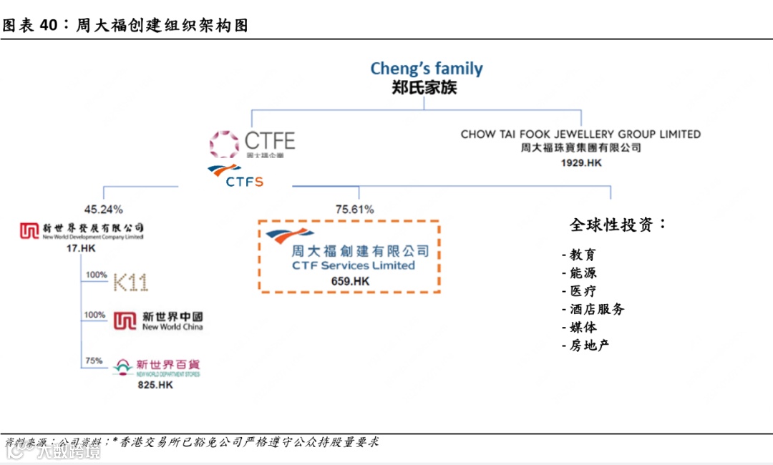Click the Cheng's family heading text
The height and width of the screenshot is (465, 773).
427,69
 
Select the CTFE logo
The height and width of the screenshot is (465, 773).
252,144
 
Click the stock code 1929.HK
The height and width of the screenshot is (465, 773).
580,163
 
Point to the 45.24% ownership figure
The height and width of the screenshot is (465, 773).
104,210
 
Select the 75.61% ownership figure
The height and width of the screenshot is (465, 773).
354,210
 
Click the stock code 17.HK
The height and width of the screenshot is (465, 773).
80,248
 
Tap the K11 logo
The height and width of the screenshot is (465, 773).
131,283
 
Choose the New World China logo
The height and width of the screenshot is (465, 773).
159,320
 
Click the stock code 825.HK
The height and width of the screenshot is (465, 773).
155,385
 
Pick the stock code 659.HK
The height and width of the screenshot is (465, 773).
350,281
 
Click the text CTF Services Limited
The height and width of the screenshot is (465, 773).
353,265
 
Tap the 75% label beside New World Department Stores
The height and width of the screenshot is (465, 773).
94,361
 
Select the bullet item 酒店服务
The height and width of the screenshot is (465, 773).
593,309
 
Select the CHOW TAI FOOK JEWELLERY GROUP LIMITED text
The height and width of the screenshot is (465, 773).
580,134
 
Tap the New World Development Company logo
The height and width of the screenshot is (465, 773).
82,230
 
